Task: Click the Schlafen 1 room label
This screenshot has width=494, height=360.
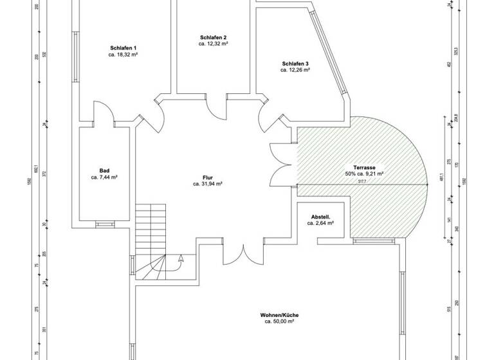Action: click(123, 48)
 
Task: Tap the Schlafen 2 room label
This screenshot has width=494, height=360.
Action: click(214, 37)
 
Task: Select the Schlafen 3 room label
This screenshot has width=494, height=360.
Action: click(295, 63)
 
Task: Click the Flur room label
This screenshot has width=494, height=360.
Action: click(207, 177)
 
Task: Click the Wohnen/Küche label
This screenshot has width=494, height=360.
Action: click(279, 314)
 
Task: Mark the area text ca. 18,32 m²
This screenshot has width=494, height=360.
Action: click(123, 55)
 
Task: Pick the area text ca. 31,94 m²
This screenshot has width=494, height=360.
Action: click(207, 184)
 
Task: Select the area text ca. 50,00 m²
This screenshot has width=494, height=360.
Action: click(279, 321)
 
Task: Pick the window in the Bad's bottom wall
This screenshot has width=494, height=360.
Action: click(103, 224)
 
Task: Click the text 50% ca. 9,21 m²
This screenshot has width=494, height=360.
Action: click(364, 174)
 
